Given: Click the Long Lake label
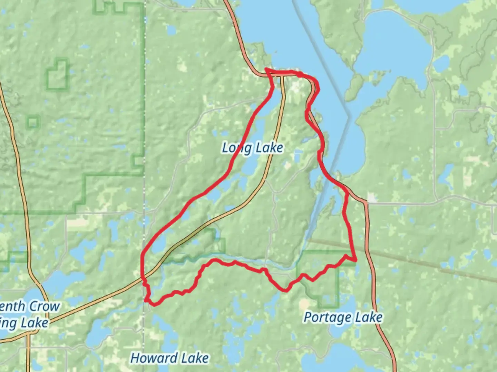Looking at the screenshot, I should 252,148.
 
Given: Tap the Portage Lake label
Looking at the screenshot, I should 343,317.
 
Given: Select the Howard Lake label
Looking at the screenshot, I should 169,358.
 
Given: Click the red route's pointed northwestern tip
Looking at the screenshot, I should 266,70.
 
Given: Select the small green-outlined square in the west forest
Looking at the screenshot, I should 33,122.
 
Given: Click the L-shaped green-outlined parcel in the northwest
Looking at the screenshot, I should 58,75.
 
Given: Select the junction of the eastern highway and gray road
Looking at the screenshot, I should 366,203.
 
